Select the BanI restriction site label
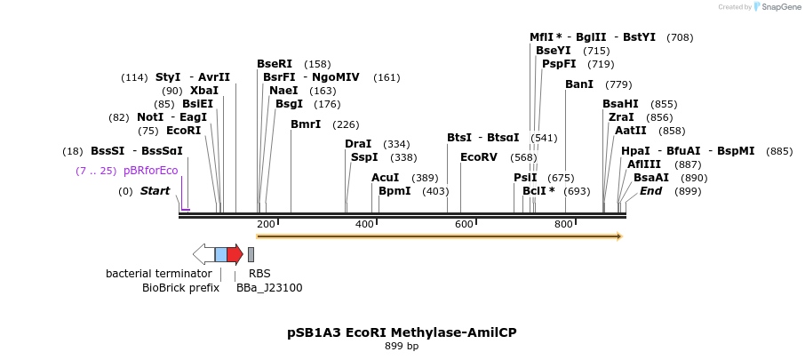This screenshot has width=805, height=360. (x=579, y=84)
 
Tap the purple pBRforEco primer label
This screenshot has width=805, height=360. (x=150, y=171)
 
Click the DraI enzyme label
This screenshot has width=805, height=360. (x=358, y=144)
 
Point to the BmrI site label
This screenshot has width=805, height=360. (x=306, y=124)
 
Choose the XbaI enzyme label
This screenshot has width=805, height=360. (x=204, y=91)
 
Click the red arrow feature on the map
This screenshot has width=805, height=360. (x=235, y=254)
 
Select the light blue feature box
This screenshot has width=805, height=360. (x=220, y=254)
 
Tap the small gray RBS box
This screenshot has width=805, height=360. (x=251, y=254)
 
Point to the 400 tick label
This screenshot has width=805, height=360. (x=364, y=224)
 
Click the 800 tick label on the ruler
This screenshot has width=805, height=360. (x=563, y=224)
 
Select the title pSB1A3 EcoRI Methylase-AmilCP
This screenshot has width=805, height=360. (x=402, y=332)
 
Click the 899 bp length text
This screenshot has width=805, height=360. (x=402, y=346)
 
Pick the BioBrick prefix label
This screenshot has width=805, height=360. (x=180, y=287)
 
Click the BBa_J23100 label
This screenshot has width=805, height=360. (x=269, y=287)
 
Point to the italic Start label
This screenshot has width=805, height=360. (x=155, y=191)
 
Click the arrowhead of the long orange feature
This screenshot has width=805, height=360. (x=618, y=236)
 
